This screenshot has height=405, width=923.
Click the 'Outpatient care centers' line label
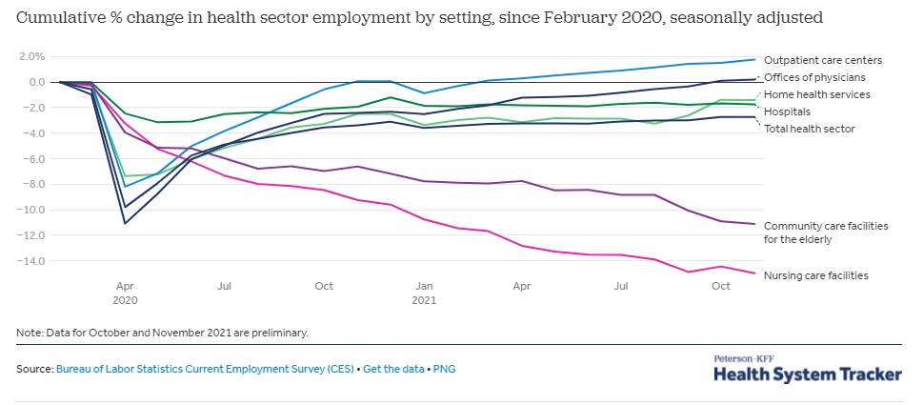tap(823, 61)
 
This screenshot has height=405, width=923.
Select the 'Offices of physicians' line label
tap(816, 77)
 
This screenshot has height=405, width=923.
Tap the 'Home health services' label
tap(817, 94)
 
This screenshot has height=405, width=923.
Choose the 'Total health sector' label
tap(810, 129)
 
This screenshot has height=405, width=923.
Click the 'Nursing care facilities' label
tap(816, 275)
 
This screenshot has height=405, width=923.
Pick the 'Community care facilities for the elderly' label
tap(826, 233)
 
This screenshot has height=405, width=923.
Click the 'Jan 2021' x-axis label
tap(424, 292)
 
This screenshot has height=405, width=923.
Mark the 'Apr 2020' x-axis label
tap(125, 292)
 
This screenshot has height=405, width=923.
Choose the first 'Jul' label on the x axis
tap(225, 285)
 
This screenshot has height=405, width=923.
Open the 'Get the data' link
tap(397, 368)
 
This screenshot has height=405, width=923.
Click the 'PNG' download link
tap(444, 368)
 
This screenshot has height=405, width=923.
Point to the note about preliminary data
tap(162, 333)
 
